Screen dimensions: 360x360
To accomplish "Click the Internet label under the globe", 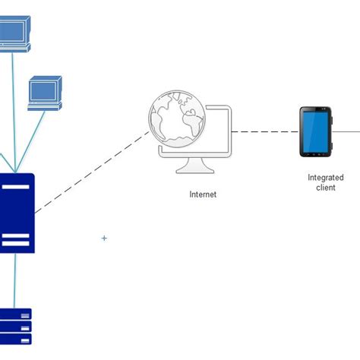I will [203, 194].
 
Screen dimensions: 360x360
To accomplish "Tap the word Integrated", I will [325, 178].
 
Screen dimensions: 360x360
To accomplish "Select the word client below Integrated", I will [325, 188].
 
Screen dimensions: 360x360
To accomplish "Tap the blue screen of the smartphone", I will [315, 131].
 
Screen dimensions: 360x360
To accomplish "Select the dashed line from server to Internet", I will [91, 172].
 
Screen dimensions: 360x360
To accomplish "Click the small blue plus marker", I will [104, 238].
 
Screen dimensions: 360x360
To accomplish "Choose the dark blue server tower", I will [16, 213].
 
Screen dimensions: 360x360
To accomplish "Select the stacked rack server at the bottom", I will [15, 327].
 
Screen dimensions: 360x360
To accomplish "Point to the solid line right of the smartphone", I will [348, 131].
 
